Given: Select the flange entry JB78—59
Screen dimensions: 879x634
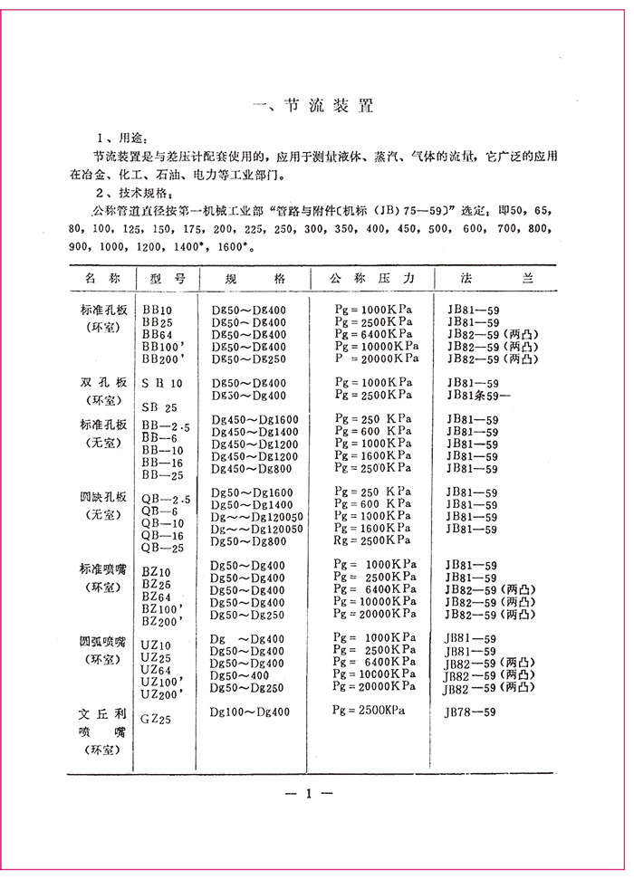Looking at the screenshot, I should (470, 712).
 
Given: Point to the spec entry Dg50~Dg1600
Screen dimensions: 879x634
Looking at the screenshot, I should (252, 492).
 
